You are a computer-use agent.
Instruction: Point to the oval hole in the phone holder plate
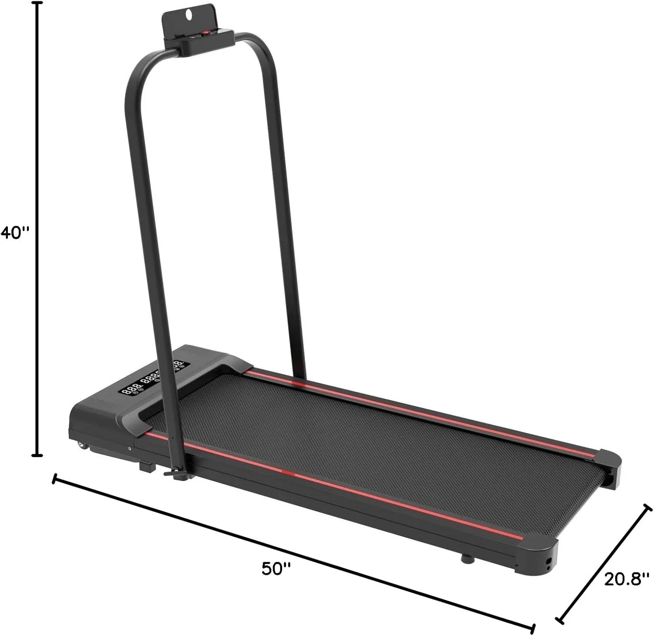coord(188,14)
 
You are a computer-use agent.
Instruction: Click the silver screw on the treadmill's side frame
coord(129,448)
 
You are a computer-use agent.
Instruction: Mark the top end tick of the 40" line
coord(38,3)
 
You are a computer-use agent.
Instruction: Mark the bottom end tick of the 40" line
coord(38,455)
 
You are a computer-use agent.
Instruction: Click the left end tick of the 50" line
coord(54,479)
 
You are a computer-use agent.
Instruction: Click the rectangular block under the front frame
coord(147,467)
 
